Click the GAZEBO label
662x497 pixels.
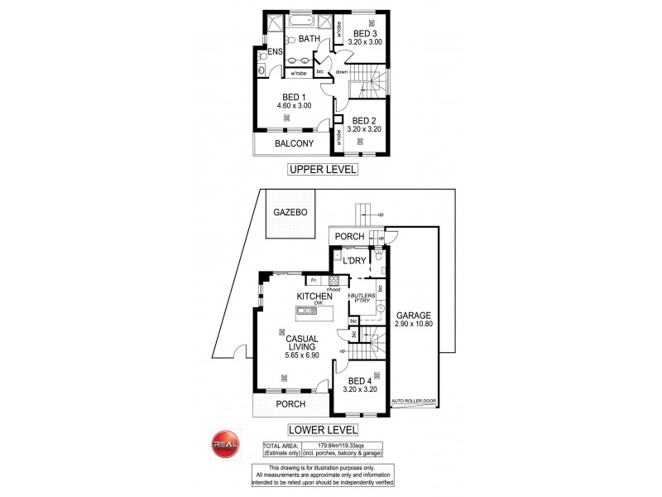coord(290,212)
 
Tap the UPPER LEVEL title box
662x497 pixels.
coord(322,170)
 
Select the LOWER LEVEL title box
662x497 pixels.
coord(322,430)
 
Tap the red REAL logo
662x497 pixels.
coord(226,444)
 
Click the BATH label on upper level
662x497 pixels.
coord(309,39)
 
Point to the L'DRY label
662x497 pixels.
coord(354,262)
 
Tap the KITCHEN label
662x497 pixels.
coord(314,297)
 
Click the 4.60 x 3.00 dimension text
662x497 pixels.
coord(294,105)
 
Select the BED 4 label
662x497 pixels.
coord(361,382)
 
